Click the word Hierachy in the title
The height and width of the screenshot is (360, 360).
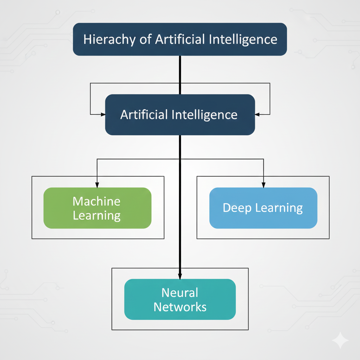[x=109, y=39]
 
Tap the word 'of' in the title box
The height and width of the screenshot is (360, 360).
[x=146, y=39]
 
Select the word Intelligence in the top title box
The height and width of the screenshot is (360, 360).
[x=243, y=39]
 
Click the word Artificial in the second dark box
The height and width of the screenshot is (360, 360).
[x=144, y=114]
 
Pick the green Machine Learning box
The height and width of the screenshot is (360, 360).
[x=97, y=208]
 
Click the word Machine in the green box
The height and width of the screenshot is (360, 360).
[x=96, y=201]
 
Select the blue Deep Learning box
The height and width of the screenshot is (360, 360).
[x=263, y=208]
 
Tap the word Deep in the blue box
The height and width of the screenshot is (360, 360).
[x=237, y=208]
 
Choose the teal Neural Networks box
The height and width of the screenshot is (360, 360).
[x=180, y=300]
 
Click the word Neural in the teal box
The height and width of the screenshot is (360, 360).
[x=180, y=293]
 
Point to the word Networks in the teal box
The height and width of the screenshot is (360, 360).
[x=180, y=307]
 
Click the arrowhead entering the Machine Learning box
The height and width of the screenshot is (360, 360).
[x=97, y=185]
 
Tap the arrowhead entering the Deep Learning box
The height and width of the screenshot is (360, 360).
[x=264, y=185]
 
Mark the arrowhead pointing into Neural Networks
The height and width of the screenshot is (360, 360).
[x=180, y=276]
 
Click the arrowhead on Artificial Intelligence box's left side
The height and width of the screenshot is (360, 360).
[x=103, y=114]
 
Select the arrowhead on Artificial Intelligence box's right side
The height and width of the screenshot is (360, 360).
[x=257, y=114]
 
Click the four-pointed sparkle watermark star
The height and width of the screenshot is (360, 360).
[x=340, y=340]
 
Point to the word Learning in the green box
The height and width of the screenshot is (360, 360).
[x=97, y=216]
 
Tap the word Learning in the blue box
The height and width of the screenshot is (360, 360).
[x=279, y=208]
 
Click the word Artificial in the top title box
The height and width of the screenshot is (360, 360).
[x=180, y=39]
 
